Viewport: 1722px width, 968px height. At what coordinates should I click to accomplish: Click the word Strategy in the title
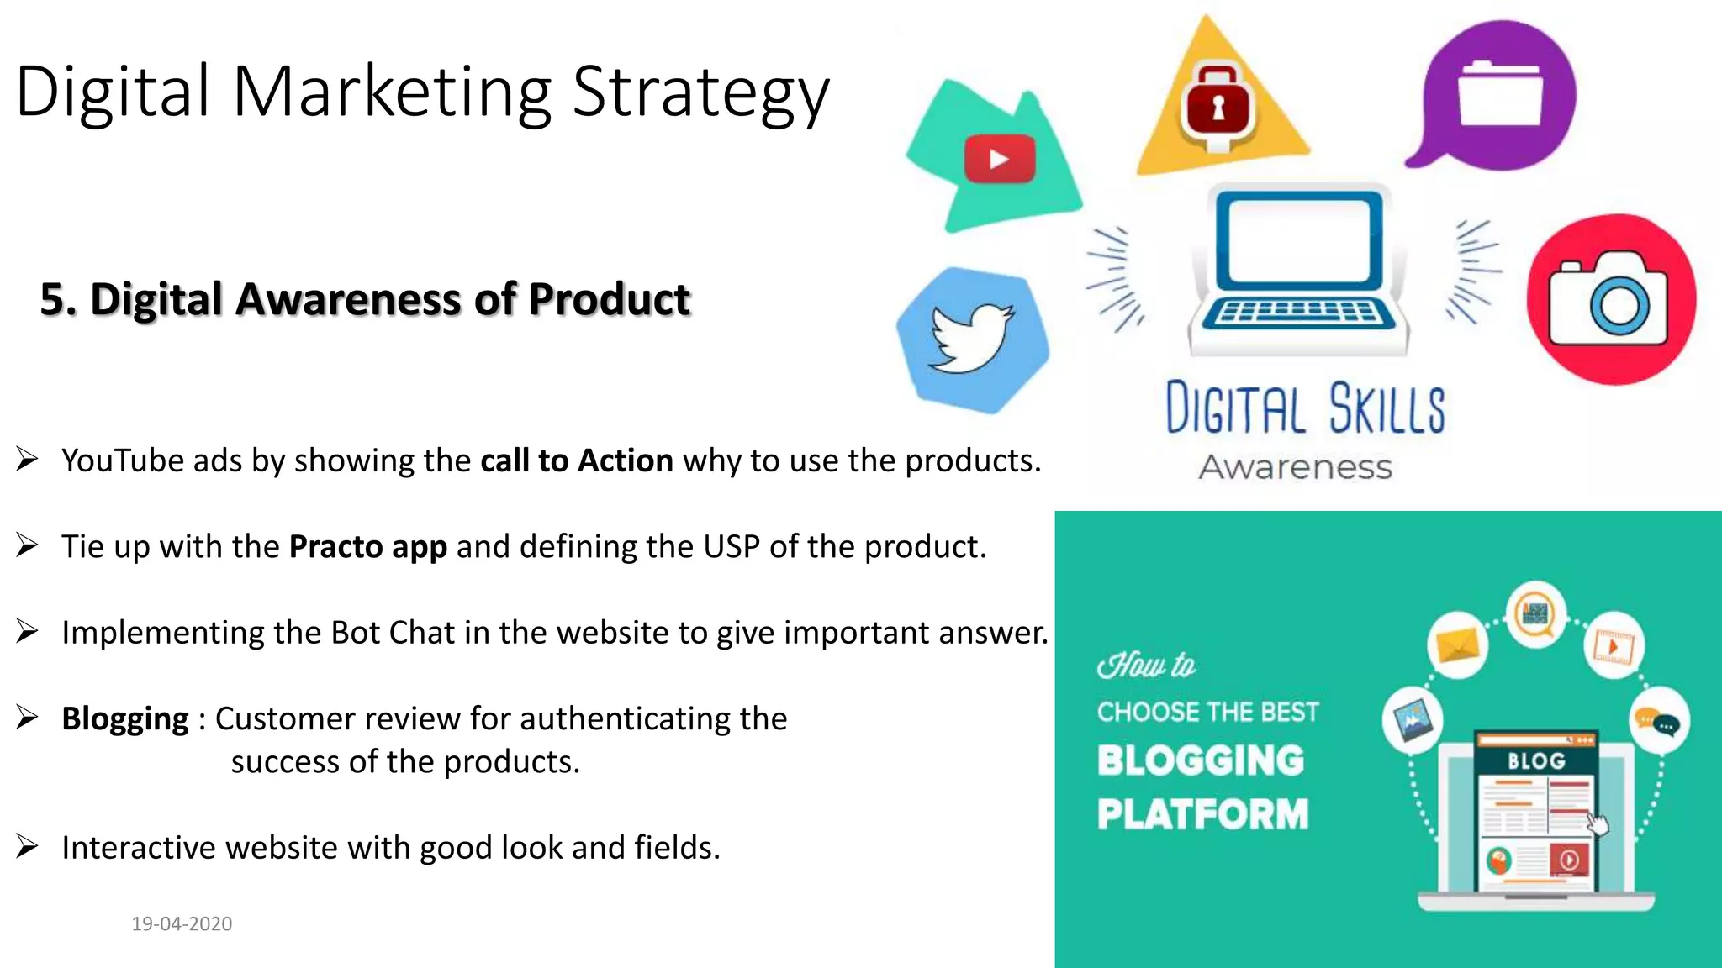pos(700,92)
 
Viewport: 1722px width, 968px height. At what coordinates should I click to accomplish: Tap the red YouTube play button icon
pos(999,159)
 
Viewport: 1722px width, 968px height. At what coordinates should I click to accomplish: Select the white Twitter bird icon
pos(971,338)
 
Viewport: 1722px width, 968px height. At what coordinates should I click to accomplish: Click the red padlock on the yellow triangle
pos(1218,108)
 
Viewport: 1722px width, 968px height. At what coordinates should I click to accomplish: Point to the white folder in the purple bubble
pos(1500,94)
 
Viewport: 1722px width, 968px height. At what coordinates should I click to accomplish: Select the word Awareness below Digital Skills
pos(1295,467)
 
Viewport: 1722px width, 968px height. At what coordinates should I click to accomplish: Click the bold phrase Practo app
pos(367,547)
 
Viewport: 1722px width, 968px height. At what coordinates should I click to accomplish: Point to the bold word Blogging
pos(125,719)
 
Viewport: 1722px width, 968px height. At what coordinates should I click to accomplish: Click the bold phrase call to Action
pos(576,461)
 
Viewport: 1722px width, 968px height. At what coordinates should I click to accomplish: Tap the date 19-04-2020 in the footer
pos(182,923)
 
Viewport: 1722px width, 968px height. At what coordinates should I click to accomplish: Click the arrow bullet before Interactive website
pos(27,847)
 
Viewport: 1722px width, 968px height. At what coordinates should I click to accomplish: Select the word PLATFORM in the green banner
pos(1202,814)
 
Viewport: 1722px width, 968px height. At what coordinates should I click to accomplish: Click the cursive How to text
pos(1146,665)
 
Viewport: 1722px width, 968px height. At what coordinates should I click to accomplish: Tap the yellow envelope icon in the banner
pos(1456,645)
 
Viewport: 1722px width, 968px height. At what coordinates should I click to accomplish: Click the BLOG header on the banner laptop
pos(1535,761)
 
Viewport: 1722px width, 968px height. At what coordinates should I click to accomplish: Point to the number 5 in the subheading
pos(52,299)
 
